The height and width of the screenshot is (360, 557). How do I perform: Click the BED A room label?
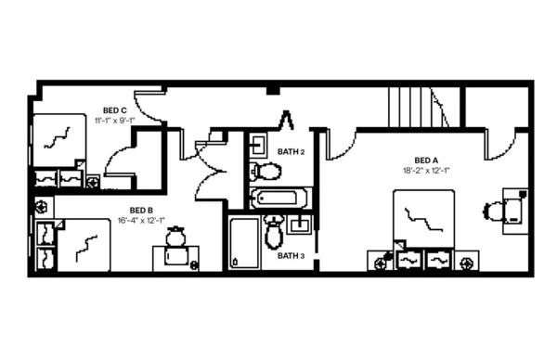point(426,159)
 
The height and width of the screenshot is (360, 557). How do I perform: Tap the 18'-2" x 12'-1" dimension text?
point(426,171)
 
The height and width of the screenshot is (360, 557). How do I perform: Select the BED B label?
point(141,210)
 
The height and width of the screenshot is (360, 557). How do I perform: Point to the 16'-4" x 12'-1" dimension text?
point(141,221)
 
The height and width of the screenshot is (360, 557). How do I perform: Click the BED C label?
point(114,110)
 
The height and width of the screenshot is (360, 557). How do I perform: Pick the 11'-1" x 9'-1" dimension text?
point(114,121)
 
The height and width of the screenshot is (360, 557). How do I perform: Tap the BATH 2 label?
point(291,150)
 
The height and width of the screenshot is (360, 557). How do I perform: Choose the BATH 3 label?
point(291,255)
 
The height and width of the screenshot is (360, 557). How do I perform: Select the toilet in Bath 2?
point(268,171)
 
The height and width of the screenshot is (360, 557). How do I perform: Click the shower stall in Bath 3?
point(244,243)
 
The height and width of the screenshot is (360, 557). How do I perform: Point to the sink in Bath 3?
point(300,224)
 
